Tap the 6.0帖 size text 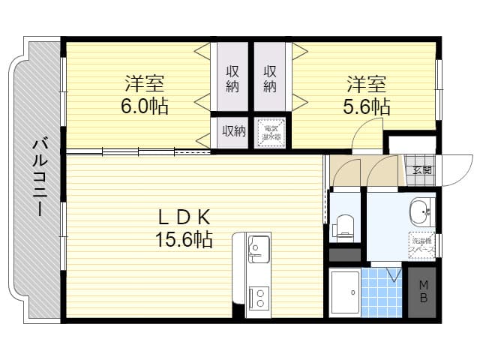pos(145,106)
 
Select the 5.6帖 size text pos(367,106)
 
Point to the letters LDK pos(182,217)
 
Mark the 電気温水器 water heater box pos(270,132)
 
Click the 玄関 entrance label pos(421,170)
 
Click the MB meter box pos(424,292)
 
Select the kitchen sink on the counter pos(259,248)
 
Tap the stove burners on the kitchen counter pos(259,298)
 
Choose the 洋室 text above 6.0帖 pos(144,82)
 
